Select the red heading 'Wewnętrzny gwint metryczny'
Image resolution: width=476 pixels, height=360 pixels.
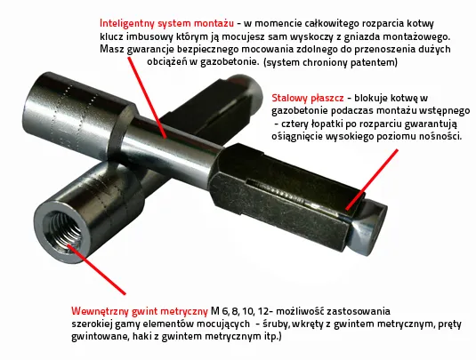tap(139, 311)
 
